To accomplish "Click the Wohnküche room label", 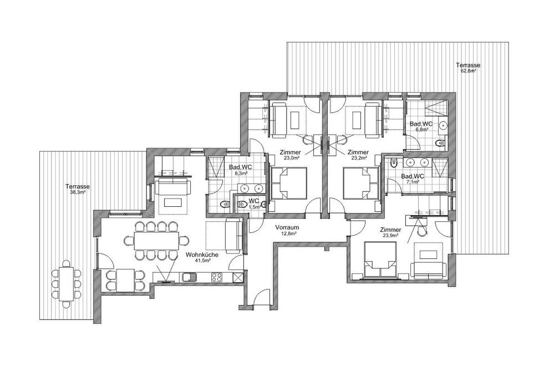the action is pos(202,255).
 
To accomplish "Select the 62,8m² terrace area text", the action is pos(468,70).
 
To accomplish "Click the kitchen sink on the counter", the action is pos(189,276).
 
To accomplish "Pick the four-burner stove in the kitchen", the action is pos(217,277).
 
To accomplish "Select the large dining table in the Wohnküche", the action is pos(155,241).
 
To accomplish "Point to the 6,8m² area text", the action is pos(421,129).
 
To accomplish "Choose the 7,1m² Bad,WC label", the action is pos(413,179).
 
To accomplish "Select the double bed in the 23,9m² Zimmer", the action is pos(380,260).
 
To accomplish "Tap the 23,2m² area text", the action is pos(358,158).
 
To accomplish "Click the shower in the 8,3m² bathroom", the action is pos(216,166).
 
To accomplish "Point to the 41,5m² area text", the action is pos(202,260).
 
